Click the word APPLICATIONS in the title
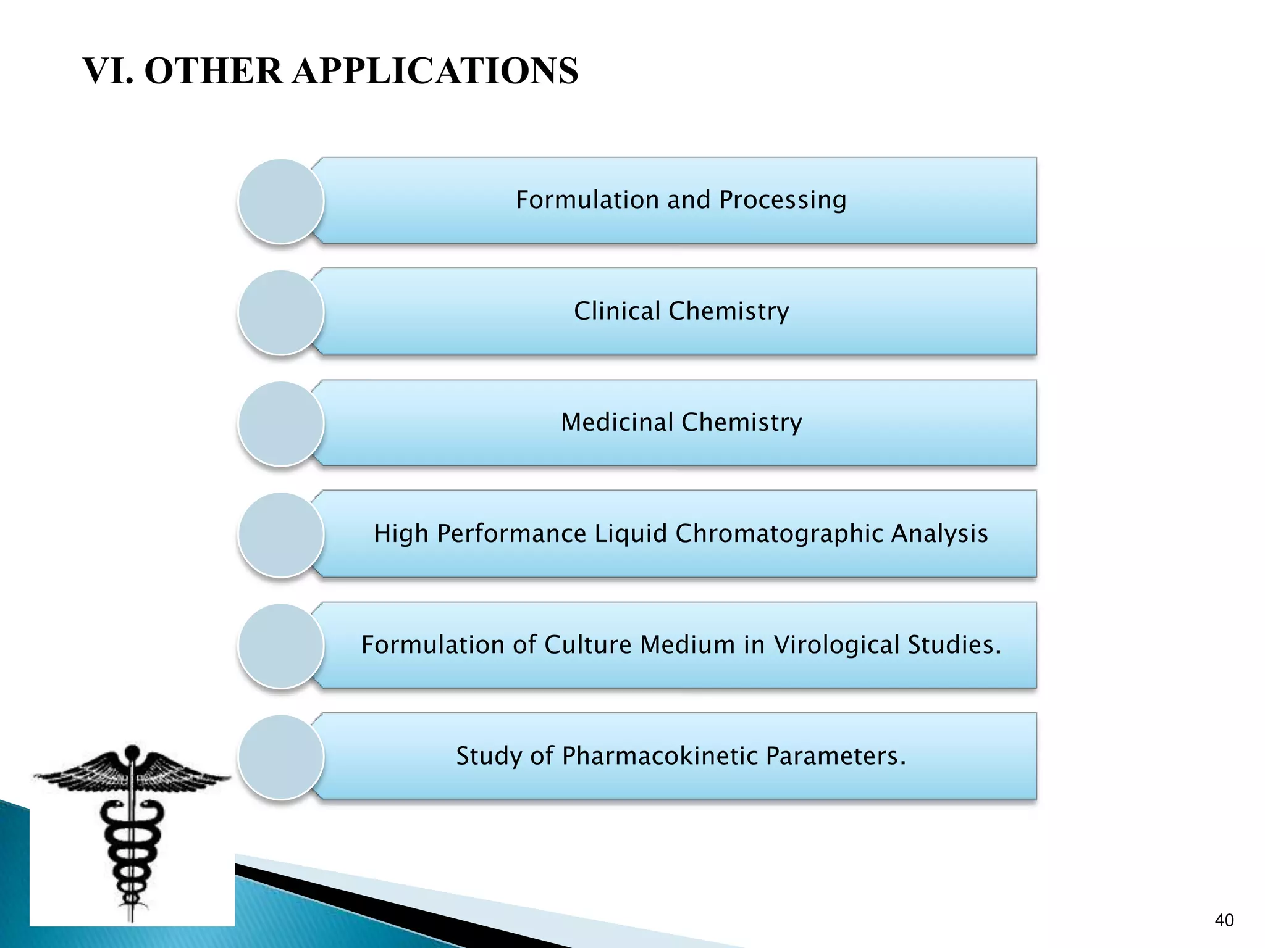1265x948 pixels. click(435, 70)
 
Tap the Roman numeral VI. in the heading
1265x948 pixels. click(107, 70)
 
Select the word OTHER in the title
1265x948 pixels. click(212, 70)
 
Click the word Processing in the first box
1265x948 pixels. click(783, 201)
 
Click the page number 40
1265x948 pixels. click(1224, 920)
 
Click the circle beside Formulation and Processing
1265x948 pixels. click(281, 201)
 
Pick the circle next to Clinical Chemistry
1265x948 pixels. click(281, 312)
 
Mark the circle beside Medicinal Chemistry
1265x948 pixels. click(281, 423)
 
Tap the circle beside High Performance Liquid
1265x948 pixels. click(281, 534)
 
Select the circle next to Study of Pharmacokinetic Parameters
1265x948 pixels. click(281, 757)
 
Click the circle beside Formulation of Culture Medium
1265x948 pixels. click(281, 646)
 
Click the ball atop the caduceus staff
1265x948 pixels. click(132, 752)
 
